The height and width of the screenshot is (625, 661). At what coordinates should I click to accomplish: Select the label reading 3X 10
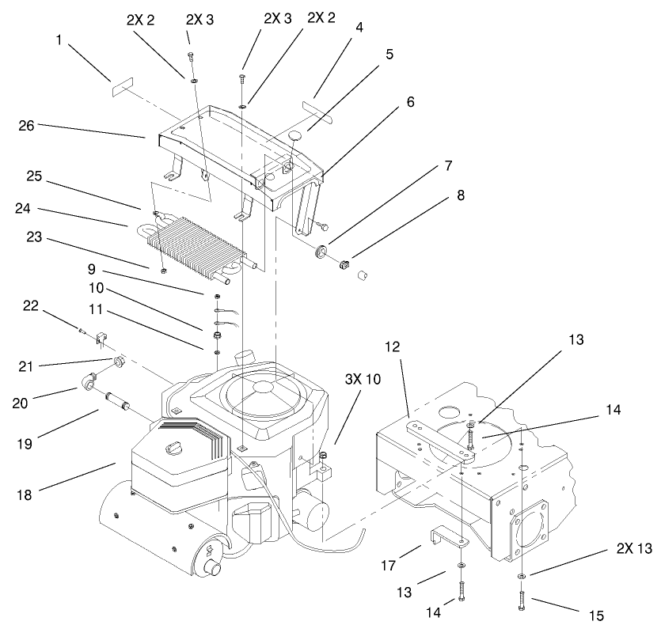363,379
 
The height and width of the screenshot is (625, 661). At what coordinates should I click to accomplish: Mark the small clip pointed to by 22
101,339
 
